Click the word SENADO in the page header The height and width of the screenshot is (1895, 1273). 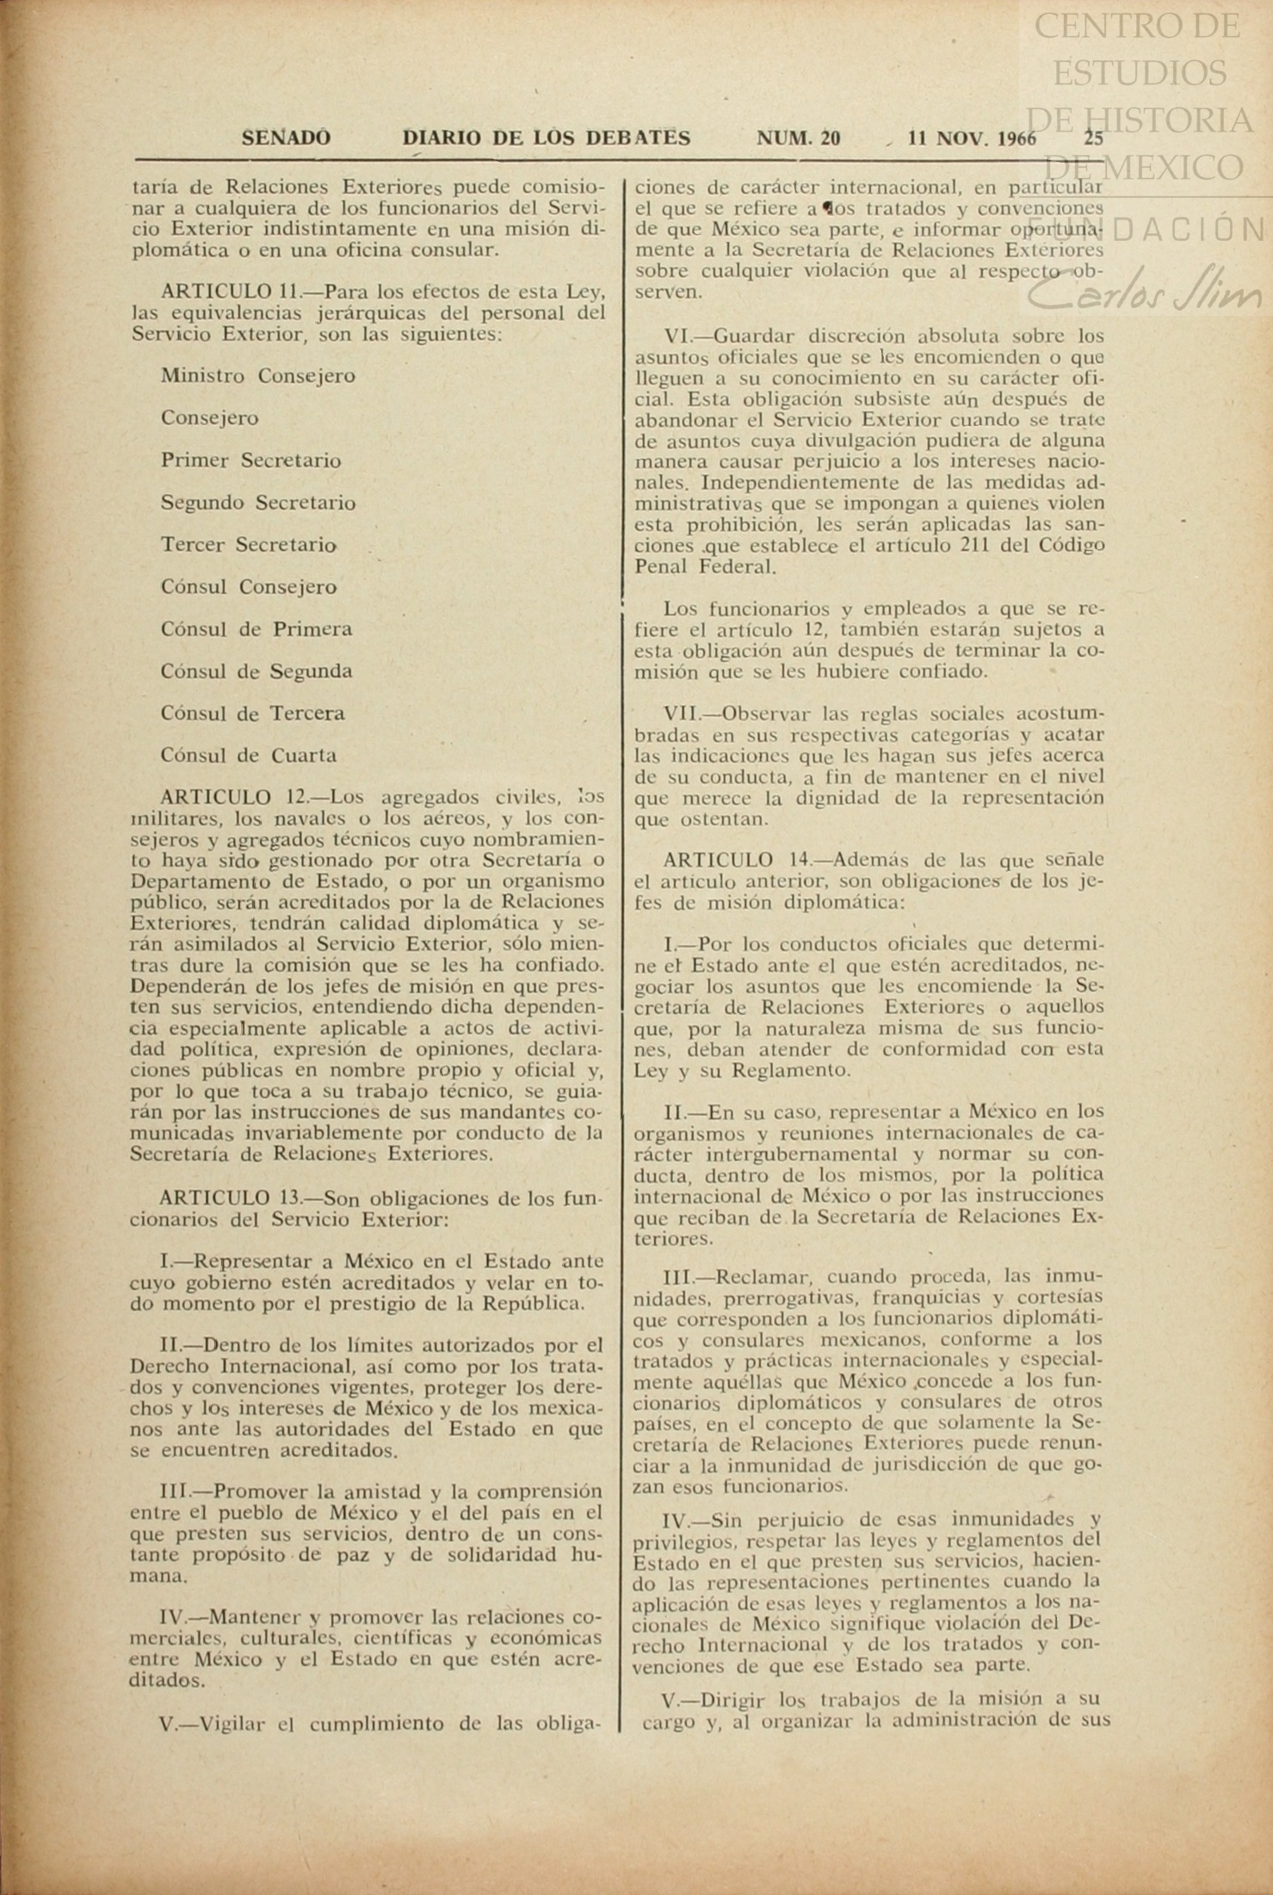[x=286, y=138]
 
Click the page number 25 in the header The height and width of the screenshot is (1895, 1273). [x=1093, y=138]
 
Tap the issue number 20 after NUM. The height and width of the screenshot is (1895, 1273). [x=831, y=138]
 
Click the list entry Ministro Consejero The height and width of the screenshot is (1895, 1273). [x=258, y=376]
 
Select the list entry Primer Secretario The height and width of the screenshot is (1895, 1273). [x=250, y=460]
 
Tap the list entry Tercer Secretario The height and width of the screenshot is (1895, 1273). [x=248, y=545]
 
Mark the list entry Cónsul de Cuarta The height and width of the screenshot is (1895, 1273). [x=249, y=756]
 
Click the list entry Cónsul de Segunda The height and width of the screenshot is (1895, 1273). [x=256, y=671]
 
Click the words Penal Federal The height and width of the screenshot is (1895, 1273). [x=705, y=567]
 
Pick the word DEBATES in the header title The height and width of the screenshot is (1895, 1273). [x=638, y=138]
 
